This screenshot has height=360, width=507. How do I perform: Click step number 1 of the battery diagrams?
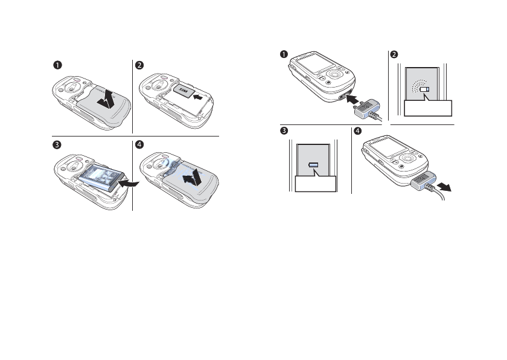[56, 65]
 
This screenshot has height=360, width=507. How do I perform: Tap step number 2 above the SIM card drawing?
[139, 65]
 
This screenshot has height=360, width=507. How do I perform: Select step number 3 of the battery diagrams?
[56, 145]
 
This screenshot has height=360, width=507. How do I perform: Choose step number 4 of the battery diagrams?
[139, 145]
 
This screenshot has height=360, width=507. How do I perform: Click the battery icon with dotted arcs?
[426, 89]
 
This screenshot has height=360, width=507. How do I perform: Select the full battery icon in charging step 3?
[314, 165]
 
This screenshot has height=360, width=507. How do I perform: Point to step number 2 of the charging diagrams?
[395, 54]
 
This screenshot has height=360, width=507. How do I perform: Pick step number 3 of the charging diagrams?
[284, 132]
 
